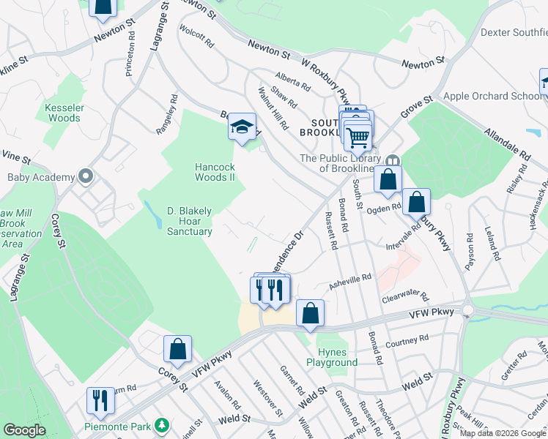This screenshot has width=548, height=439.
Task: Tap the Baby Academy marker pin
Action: point(86,177)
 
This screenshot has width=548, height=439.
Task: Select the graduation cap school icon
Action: point(242,128)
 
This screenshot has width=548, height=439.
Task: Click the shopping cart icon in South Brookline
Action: point(358,136)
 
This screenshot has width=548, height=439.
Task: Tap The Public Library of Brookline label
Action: point(341,163)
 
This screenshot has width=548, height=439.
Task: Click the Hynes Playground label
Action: point(338,357)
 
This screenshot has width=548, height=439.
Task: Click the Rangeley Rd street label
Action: point(167,113)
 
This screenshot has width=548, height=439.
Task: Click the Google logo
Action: point(24,431)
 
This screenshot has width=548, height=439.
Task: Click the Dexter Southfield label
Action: point(514,32)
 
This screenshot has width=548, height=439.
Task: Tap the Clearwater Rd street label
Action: point(404,297)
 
